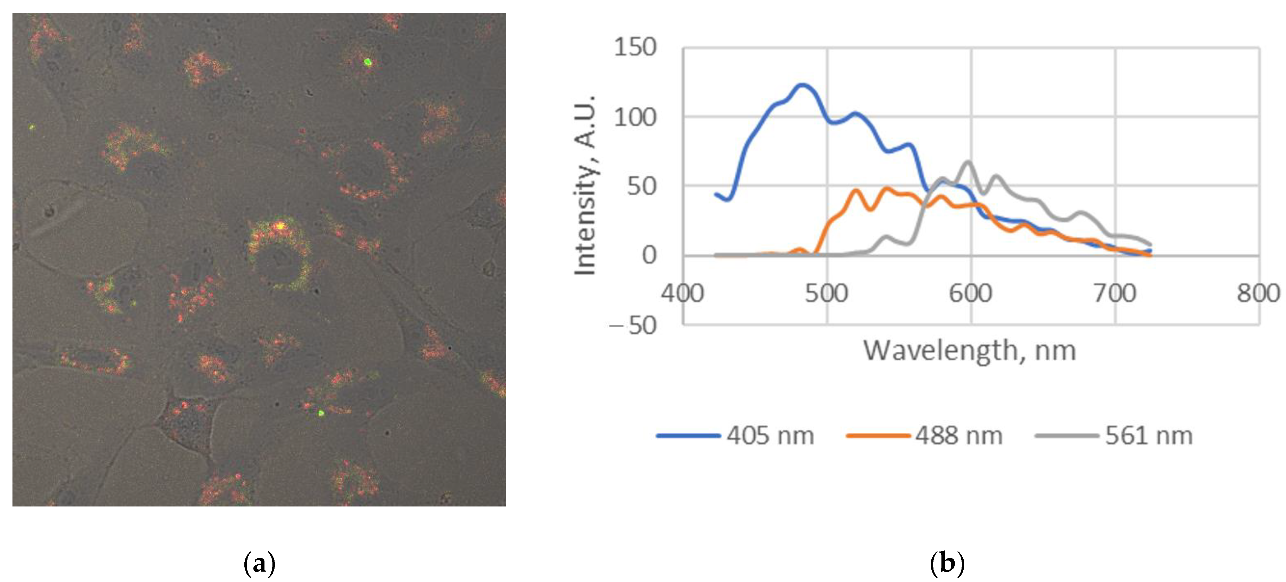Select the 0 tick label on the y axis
pyautogui.click(x=649, y=256)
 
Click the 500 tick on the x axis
pyautogui.click(x=826, y=293)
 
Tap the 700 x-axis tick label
pyautogui.click(x=1115, y=293)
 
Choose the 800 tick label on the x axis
pyautogui.click(x=1258, y=293)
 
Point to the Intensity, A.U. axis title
pyautogui.click(x=585, y=185)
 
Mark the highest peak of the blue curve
pyautogui.click(x=802, y=85)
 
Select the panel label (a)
pyautogui.click(x=259, y=564)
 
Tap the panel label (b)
pyautogui.click(x=947, y=564)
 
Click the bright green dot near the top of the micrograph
pyautogui.click(x=368, y=62)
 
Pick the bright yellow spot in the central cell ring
pyautogui.click(x=280, y=226)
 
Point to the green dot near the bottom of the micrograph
pyautogui.click(x=321, y=413)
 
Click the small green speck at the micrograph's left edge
pyautogui.click(x=32, y=127)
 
